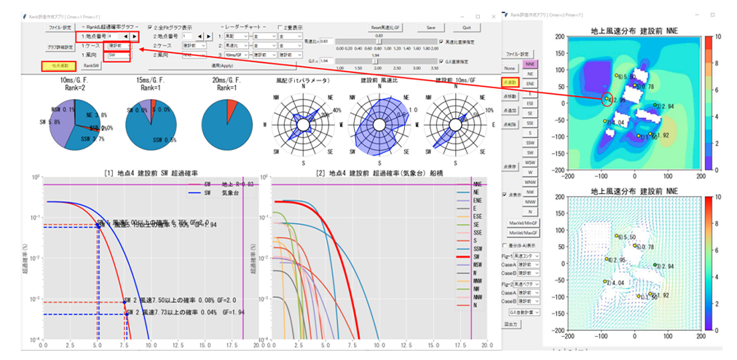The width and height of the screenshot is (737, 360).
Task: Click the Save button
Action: pos(431,28)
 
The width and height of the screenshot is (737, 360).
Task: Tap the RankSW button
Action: pos(91,66)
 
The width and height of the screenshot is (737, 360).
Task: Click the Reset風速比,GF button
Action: pos(391,28)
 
